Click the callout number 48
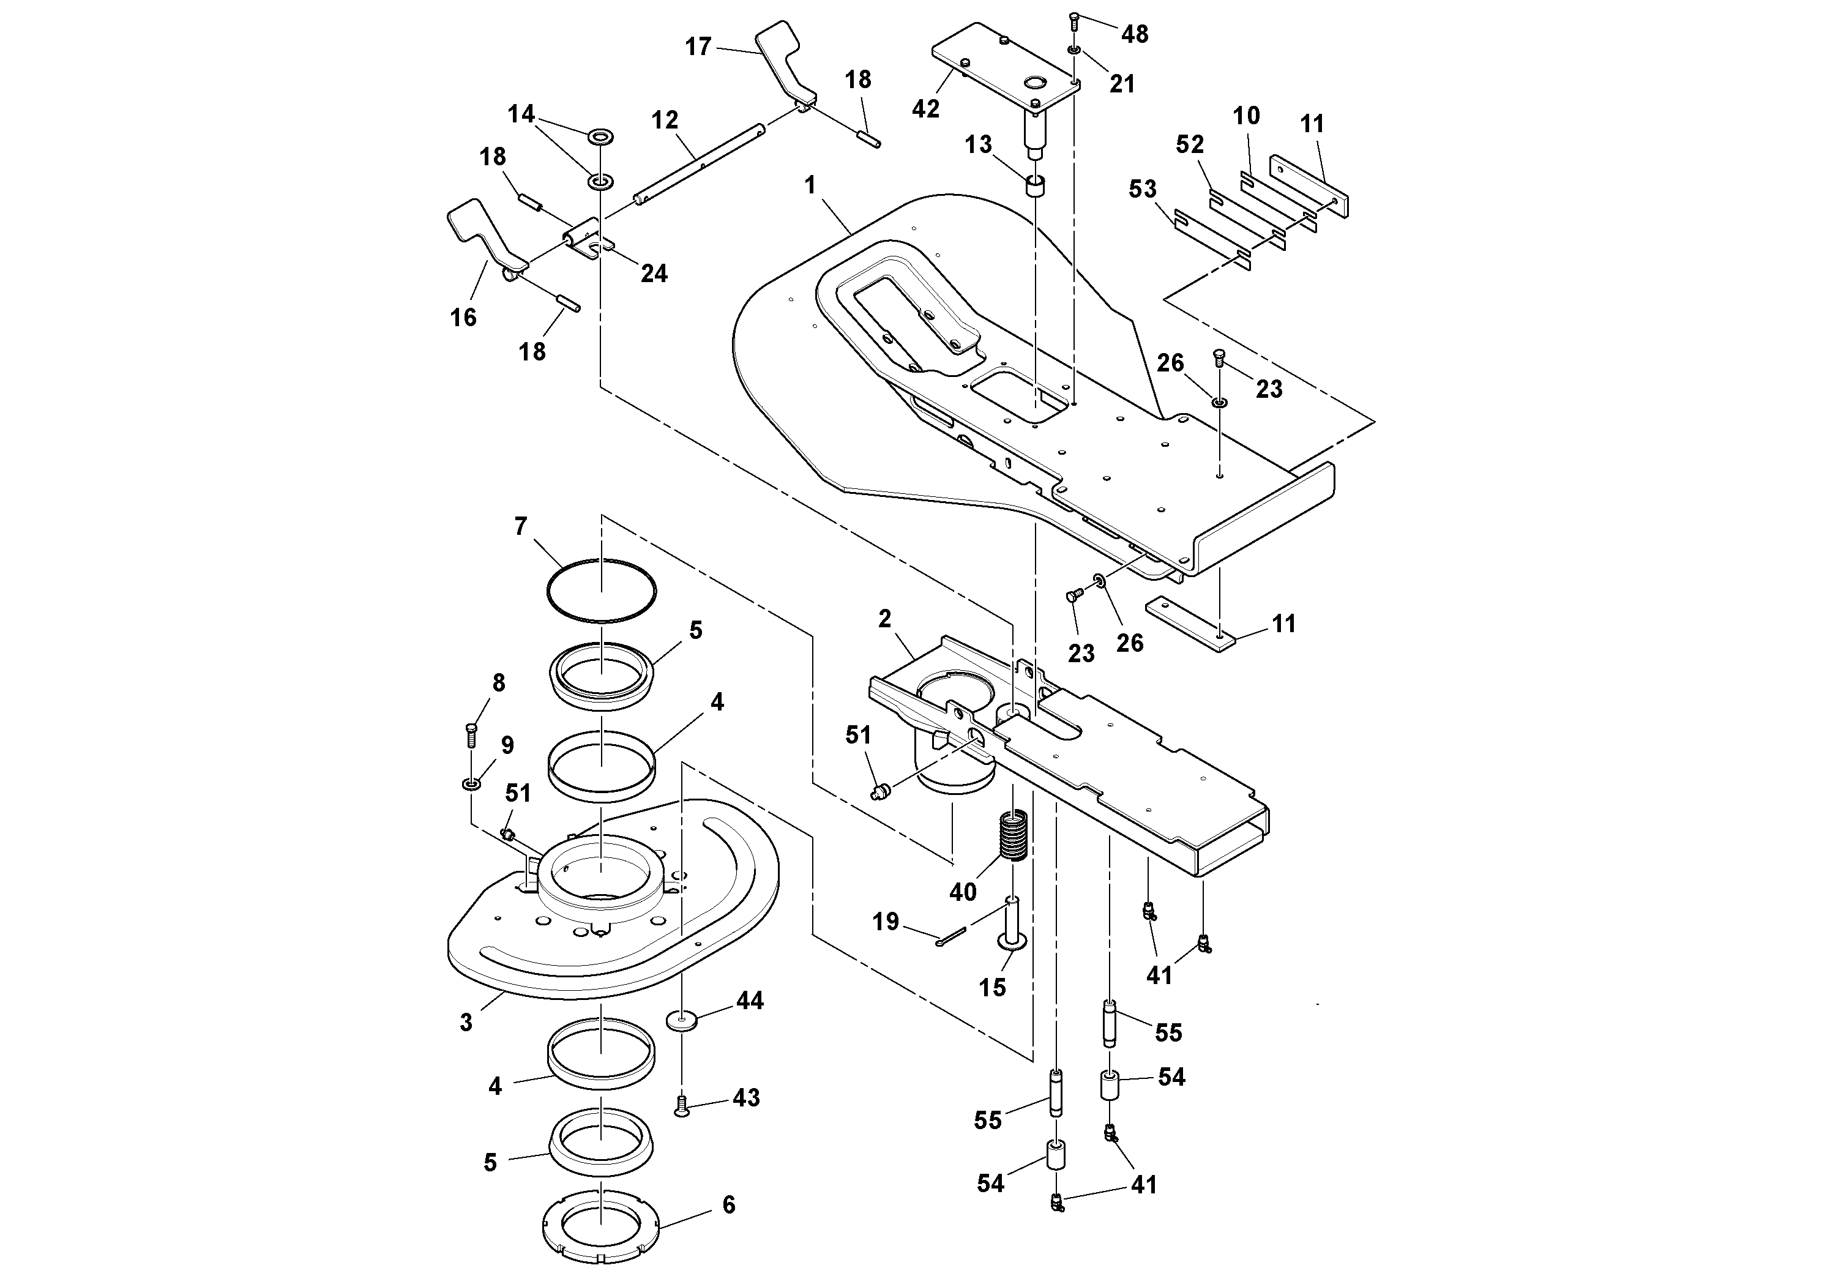1135,34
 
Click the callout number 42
925,109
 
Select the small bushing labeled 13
1036,187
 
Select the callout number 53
1143,190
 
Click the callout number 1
810,185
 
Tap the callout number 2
885,618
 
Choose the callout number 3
466,1023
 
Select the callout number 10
1246,116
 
